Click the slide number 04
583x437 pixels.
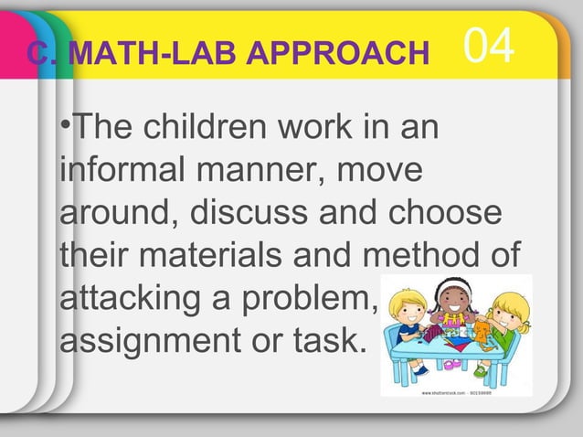coord(490,47)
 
